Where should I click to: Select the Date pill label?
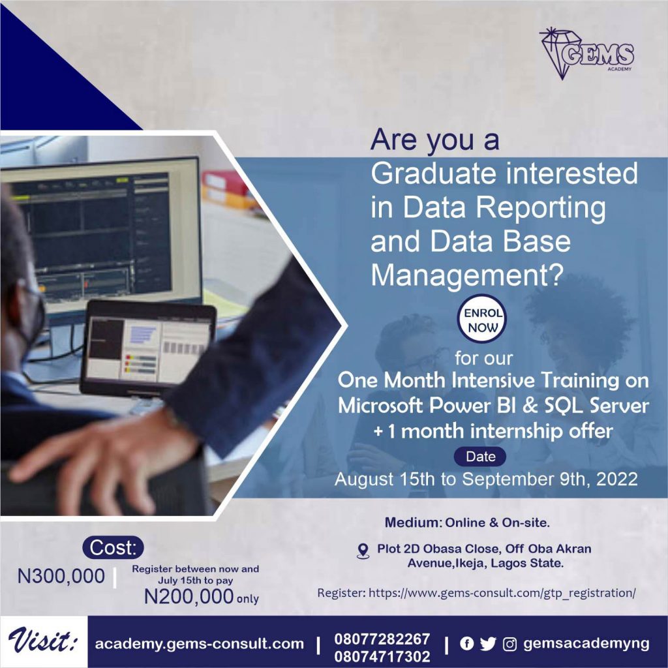click(x=481, y=457)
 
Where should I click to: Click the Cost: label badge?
click(x=114, y=548)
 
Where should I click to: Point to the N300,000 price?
click(x=61, y=576)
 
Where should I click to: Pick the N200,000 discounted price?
click(x=189, y=596)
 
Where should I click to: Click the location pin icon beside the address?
click(x=363, y=551)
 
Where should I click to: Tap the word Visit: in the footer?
click(x=44, y=642)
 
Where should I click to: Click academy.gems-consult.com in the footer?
click(x=199, y=644)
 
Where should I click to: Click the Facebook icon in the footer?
click(x=466, y=644)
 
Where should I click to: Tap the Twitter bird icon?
click(x=488, y=644)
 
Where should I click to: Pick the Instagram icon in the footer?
click(x=510, y=645)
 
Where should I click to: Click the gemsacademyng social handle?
click(x=586, y=644)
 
